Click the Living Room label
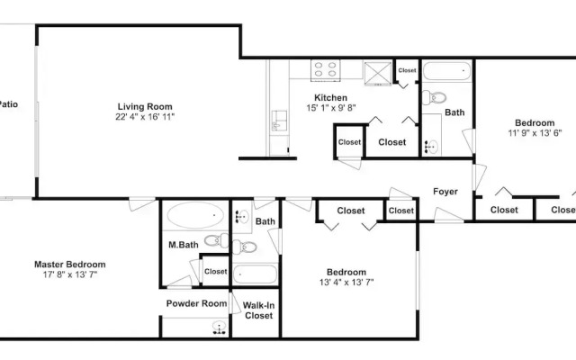tap(145, 107)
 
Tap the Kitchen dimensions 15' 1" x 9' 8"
tap(331, 108)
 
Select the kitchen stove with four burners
tap(326, 70)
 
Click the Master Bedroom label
tap(70, 265)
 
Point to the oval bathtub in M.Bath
tap(195, 215)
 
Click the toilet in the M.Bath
tap(216, 240)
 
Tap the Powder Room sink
tap(220, 328)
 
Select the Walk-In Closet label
tap(258, 310)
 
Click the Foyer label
tap(445, 192)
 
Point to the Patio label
tap(8, 104)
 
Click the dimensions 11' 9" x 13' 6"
tap(535, 133)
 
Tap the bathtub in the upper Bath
tap(446, 71)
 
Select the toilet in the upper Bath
tap(434, 98)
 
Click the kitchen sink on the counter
tap(279, 121)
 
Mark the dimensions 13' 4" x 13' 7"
tap(346, 283)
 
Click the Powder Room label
tap(196, 304)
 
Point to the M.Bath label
tap(184, 245)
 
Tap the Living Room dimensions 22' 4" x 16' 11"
tap(145, 117)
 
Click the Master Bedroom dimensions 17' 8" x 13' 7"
tap(70, 274)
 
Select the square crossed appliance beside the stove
tap(378, 74)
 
